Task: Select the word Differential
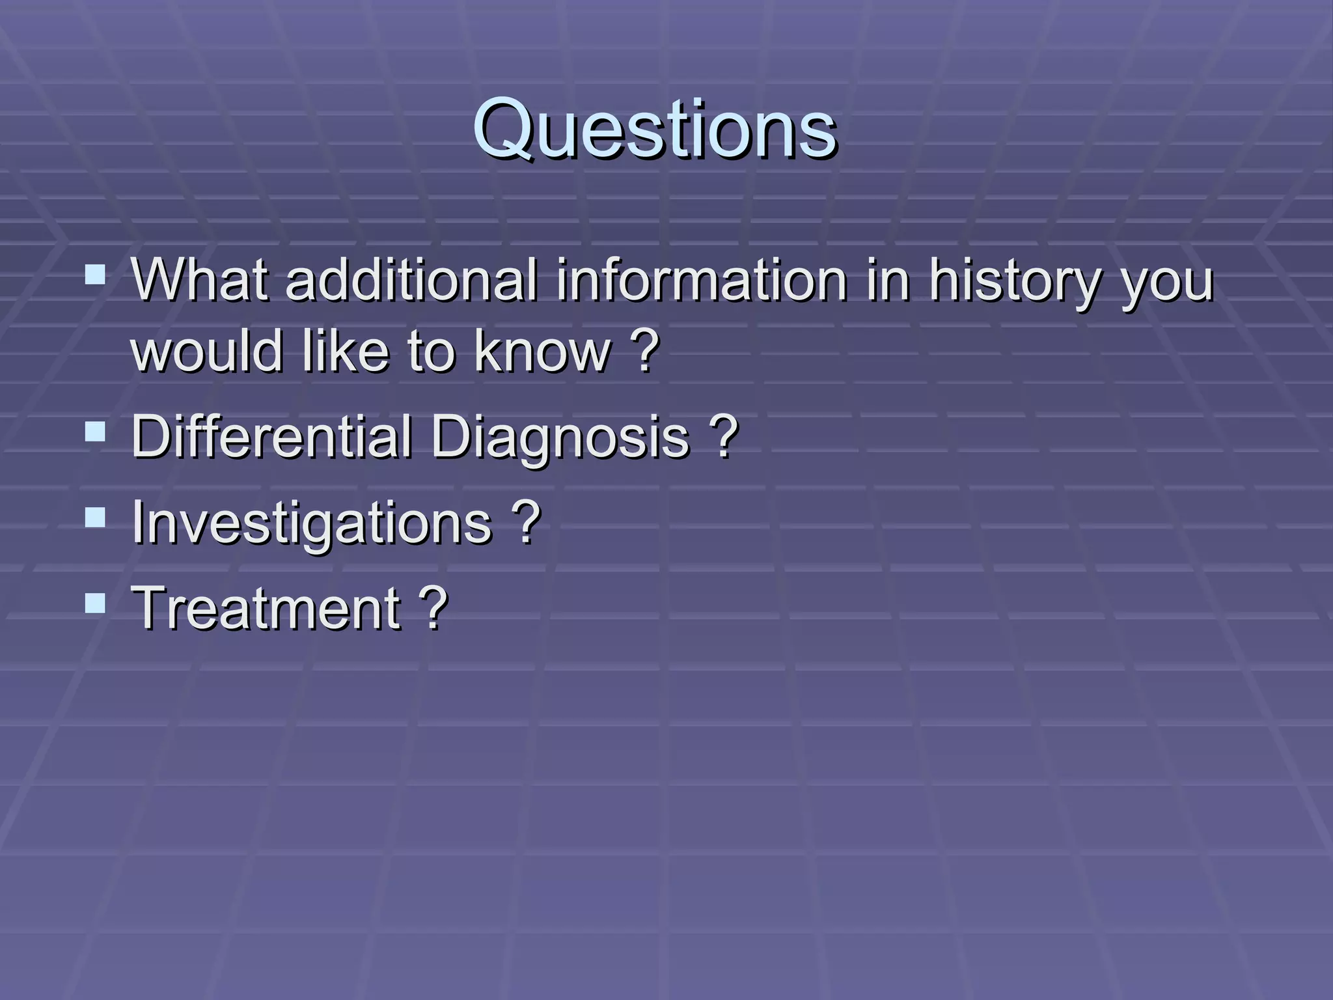point(271,436)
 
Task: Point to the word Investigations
point(312,523)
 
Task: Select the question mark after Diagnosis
point(724,436)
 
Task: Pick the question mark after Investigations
point(526,521)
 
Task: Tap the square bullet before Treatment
point(95,603)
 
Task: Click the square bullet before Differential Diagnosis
point(95,432)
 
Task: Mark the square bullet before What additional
point(95,275)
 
